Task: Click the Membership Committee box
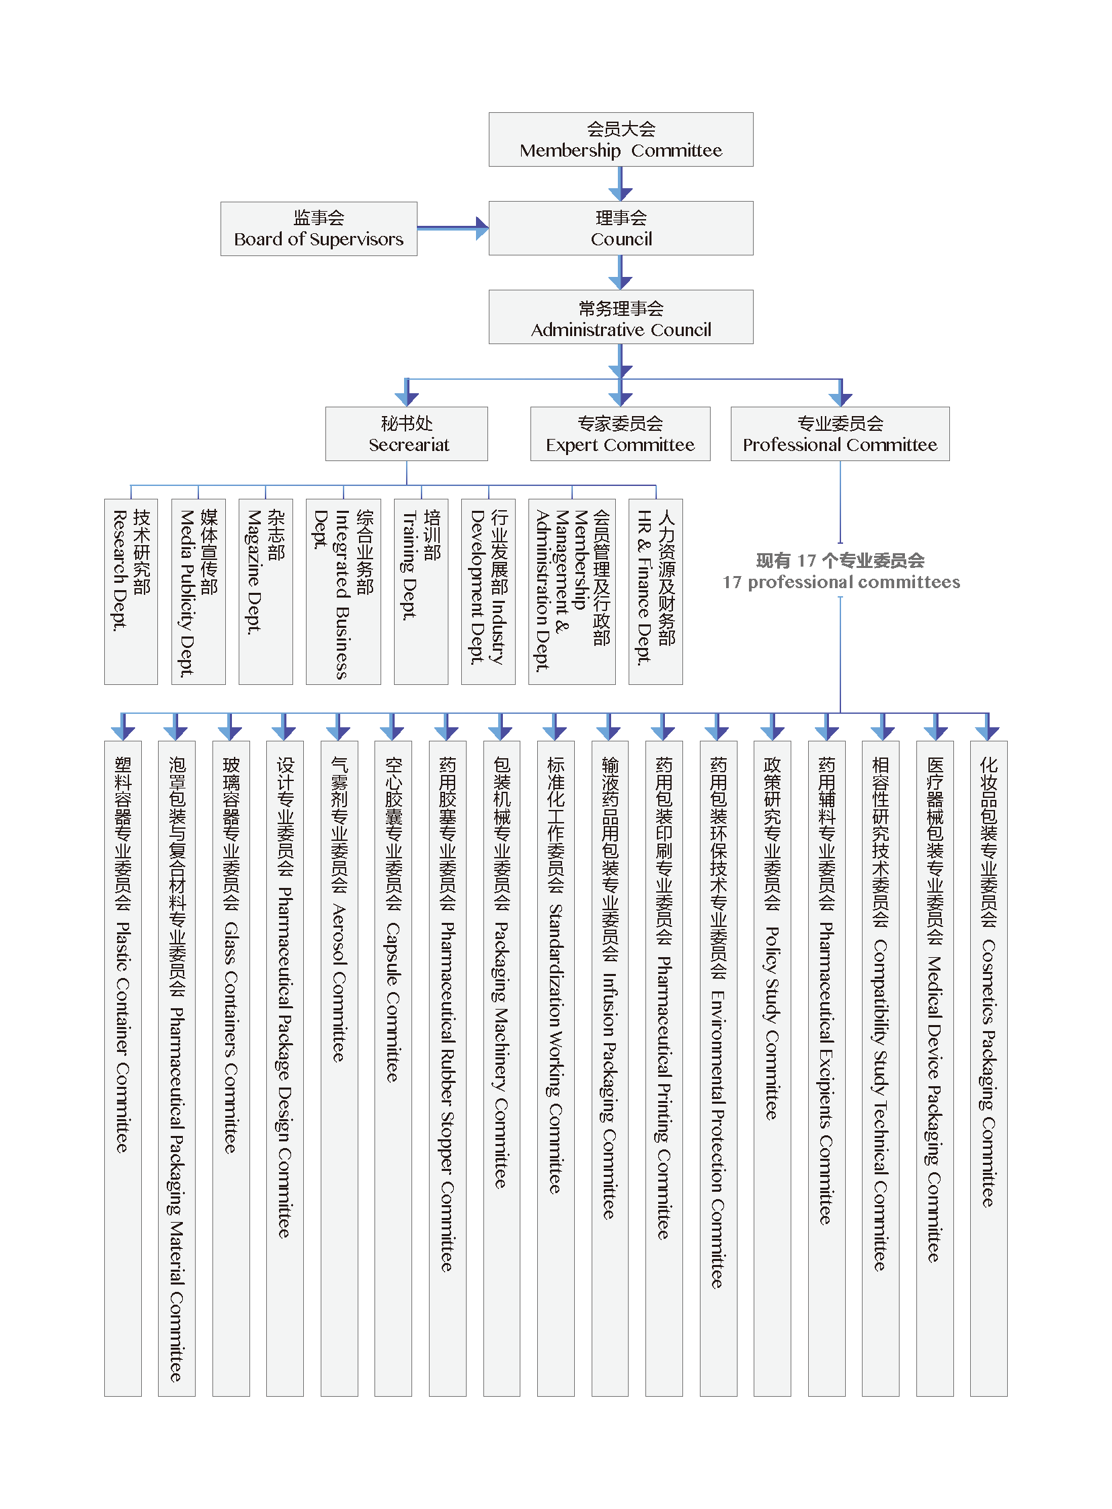pos(621,139)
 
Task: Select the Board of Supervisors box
pos(319,229)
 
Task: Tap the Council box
pos(621,228)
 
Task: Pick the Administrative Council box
pos(621,317)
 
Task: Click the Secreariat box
pos(407,434)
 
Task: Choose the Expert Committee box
pos(620,434)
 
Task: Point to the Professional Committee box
pos(840,434)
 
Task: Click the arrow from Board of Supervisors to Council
pos(453,228)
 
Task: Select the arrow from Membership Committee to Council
pos(621,183)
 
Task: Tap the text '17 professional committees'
pos(842,582)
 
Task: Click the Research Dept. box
pos(131,592)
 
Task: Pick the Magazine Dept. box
pos(266,592)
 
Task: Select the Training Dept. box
pos(422,592)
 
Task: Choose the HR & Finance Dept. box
pos(656,592)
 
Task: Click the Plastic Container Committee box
pos(123,1069)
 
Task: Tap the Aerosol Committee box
pos(340,1069)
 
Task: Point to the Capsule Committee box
pos(393,1069)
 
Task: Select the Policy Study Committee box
pos(772,1069)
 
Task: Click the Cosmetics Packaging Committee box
pos(989,1069)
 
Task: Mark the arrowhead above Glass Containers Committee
pos(230,732)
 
